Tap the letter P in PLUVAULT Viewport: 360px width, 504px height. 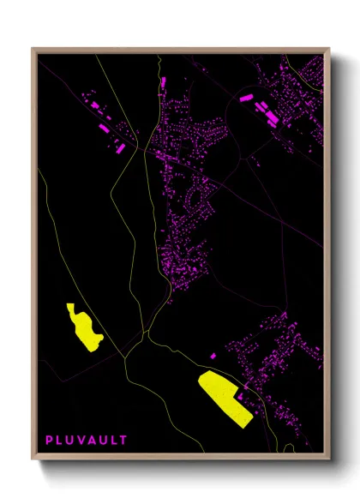tap(50, 441)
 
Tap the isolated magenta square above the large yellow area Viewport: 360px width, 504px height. tap(212, 355)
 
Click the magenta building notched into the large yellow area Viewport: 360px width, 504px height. tap(239, 396)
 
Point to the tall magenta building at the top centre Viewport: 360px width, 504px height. tap(161, 85)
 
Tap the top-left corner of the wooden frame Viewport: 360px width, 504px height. tap(33, 49)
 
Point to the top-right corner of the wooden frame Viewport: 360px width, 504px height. tap(328, 49)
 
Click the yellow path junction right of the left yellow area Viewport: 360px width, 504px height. tap(125, 352)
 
